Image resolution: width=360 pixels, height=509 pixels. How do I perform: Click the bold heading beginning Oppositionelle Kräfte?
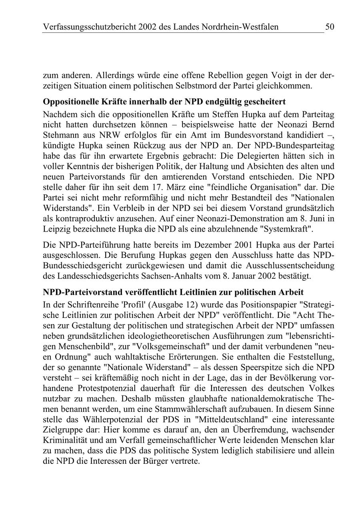click(164, 101)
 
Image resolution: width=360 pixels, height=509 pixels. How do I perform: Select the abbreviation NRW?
click(108, 134)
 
